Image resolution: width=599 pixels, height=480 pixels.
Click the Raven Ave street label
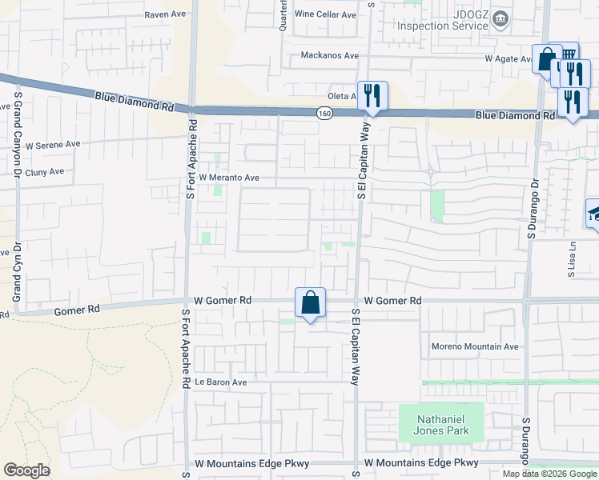[165, 14]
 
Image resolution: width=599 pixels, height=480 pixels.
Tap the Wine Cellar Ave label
[325, 14]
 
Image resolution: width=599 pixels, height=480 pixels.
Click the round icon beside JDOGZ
[501, 18]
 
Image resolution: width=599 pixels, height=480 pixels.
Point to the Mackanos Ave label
[329, 55]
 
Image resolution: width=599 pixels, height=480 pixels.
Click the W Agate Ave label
[509, 58]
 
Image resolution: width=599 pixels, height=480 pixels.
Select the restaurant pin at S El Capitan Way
[372, 97]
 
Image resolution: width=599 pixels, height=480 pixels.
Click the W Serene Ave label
[53, 146]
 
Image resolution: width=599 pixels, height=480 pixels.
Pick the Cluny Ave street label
[44, 172]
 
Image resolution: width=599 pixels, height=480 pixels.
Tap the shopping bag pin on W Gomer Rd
[310, 303]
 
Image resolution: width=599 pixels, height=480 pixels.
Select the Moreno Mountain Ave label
[476, 346]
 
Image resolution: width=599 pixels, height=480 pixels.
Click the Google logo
[26, 470]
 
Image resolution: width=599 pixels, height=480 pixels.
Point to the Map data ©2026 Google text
[549, 474]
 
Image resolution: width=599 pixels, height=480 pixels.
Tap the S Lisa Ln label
[573, 259]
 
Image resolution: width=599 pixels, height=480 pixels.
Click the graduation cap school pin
[593, 214]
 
